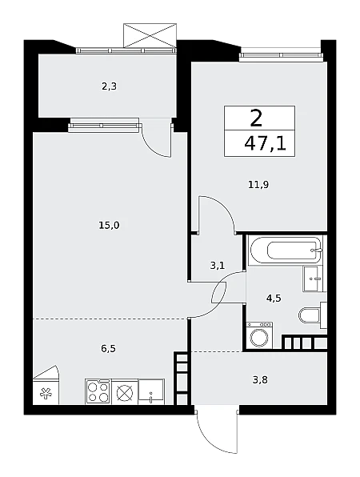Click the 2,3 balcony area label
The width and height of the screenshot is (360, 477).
[109, 87]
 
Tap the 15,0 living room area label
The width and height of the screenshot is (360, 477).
[109, 226]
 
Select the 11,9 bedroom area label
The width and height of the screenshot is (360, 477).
[258, 185]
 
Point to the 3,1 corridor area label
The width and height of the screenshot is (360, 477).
[218, 266]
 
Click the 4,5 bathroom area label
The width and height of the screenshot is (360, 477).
[274, 299]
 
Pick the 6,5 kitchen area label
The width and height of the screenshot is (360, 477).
[108, 348]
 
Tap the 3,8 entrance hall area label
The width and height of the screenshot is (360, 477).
[260, 380]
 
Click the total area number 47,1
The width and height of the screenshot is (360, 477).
[265, 144]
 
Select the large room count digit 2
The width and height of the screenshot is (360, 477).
[256, 118]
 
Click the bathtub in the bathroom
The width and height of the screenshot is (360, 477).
[285, 250]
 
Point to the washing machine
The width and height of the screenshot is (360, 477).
[259, 335]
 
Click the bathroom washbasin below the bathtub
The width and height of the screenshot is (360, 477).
[313, 279]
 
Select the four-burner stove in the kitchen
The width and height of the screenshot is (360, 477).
[98, 391]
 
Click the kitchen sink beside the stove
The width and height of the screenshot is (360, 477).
[151, 391]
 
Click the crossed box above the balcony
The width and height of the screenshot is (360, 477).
[150, 35]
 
